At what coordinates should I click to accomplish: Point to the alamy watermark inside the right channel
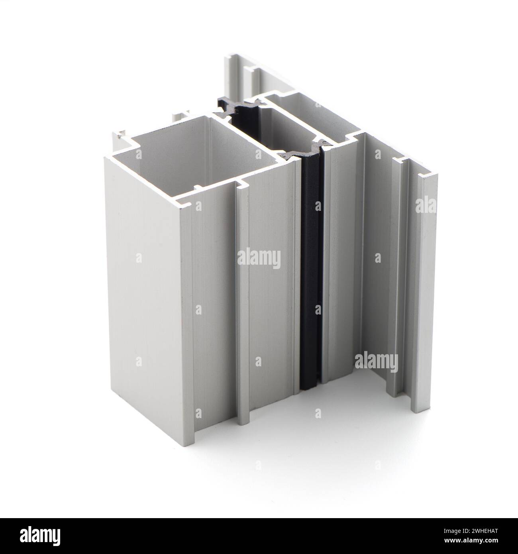375,362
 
